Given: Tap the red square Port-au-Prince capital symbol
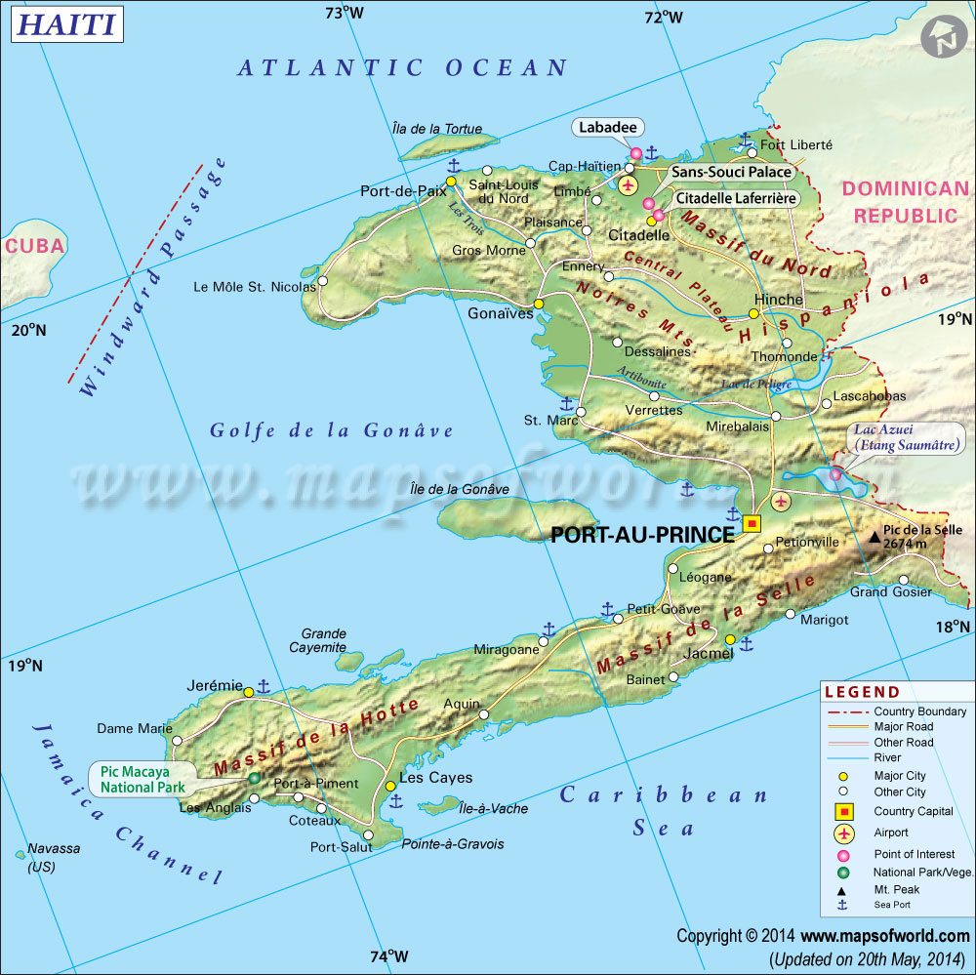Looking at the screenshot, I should pyautogui.click(x=752, y=524).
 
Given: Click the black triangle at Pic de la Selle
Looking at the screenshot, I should pyautogui.click(x=874, y=536).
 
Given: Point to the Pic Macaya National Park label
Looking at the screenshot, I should pyautogui.click(x=142, y=779).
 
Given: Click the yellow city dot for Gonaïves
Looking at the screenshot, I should pyautogui.click(x=539, y=304).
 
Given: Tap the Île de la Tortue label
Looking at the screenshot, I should pyautogui.click(x=430, y=129).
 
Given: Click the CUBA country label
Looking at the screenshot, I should pyautogui.click(x=35, y=246).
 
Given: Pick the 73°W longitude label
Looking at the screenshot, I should pyautogui.click(x=345, y=13).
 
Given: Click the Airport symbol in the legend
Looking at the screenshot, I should pyautogui.click(x=844, y=833).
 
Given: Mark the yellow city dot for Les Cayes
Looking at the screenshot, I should pyautogui.click(x=390, y=786).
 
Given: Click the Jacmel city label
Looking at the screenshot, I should pyautogui.click(x=710, y=652).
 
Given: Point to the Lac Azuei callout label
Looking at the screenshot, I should pyautogui.click(x=892, y=438).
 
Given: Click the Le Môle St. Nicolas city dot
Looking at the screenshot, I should pyautogui.click(x=323, y=280).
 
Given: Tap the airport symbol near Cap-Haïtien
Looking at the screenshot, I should pyautogui.click(x=628, y=184).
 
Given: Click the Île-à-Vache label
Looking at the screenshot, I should pyautogui.click(x=493, y=808).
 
